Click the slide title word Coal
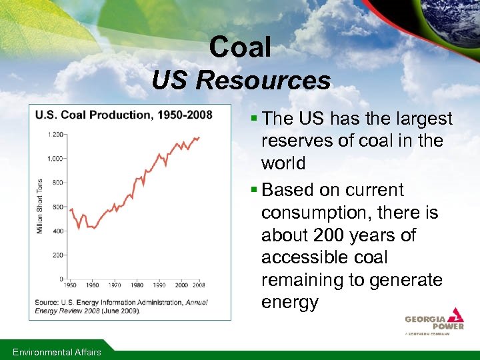click(x=239, y=47)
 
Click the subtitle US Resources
click(x=241, y=81)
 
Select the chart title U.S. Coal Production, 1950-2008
click(x=124, y=115)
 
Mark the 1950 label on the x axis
click(x=70, y=285)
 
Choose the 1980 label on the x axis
click(x=137, y=285)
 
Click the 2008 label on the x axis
click(x=199, y=285)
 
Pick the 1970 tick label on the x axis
click(x=115, y=285)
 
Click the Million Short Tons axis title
click(x=40, y=206)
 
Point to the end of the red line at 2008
click(x=199, y=137)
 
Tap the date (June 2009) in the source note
click(x=121, y=311)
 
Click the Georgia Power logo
click(x=434, y=321)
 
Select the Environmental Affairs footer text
click(x=57, y=352)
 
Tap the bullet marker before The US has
click(x=255, y=119)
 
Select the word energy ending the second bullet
click(x=290, y=302)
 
